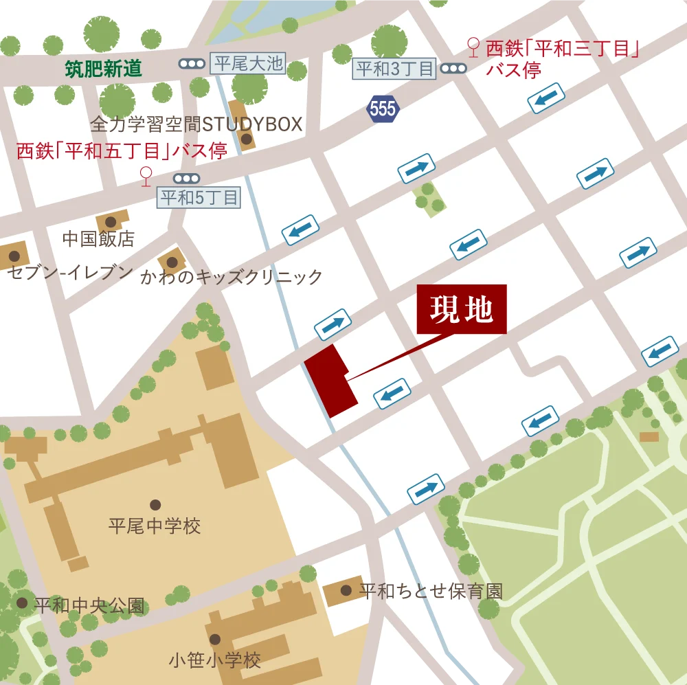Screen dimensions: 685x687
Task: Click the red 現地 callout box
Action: click(462, 309)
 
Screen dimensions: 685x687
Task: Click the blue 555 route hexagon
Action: click(383, 109)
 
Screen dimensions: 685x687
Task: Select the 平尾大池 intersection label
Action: click(248, 64)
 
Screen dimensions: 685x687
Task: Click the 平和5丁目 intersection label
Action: click(199, 198)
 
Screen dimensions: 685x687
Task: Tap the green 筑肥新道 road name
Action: click(104, 68)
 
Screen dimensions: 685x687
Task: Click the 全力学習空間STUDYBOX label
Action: click(196, 124)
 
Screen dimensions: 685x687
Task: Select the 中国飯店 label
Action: click(98, 239)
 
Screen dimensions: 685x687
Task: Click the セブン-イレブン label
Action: click(69, 273)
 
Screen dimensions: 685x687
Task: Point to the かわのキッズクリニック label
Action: click(232, 277)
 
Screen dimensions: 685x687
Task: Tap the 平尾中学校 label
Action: click(155, 526)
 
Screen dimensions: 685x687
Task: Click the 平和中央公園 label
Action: click(90, 606)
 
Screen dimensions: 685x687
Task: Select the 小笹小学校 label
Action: click(215, 661)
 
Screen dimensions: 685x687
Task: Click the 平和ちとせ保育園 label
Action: click(431, 591)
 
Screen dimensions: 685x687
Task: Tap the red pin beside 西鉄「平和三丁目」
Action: click(473, 47)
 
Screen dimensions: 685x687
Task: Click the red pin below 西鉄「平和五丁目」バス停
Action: click(145, 175)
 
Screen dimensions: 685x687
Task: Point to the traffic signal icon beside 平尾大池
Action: click(192, 64)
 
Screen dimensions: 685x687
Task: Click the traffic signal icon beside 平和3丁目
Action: click(453, 68)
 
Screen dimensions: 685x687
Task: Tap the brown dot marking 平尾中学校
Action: click(155, 505)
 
